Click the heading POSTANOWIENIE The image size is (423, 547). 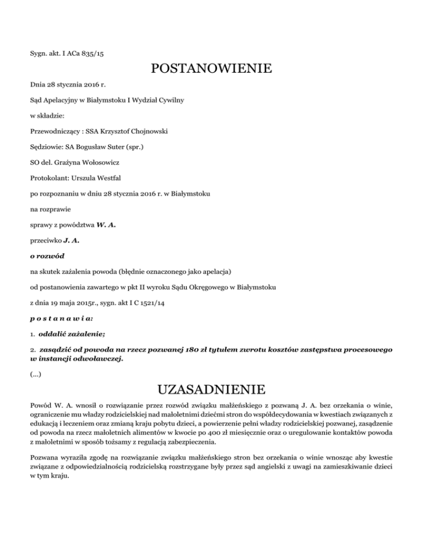(x=211, y=69)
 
